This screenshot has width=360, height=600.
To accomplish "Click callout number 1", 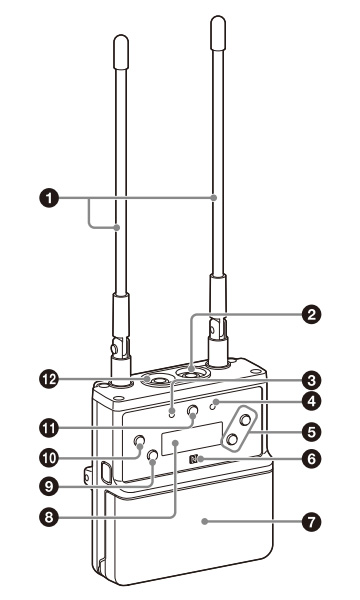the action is (49, 198).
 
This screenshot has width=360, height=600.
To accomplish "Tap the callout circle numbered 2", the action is (312, 315).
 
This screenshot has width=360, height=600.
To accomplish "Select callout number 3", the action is (312, 380).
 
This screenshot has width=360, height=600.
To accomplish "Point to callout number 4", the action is (312, 401).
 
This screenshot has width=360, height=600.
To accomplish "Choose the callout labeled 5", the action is (312, 432).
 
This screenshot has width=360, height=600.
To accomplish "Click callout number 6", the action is (312, 458).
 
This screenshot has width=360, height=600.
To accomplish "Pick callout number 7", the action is (312, 522).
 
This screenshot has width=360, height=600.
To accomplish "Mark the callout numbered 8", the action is (49, 517).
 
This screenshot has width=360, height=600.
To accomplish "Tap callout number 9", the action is (49, 486).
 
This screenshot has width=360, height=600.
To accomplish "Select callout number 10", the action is (49, 458).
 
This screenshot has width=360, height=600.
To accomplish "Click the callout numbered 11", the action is (49, 428).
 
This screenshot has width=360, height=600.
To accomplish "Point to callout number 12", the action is (49, 380).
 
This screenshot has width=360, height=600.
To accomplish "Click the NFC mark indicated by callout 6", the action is (194, 459).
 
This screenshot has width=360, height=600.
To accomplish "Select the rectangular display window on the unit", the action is (192, 439).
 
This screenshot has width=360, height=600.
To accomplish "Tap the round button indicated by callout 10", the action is (139, 441).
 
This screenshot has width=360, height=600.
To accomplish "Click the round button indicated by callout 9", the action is (153, 455).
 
